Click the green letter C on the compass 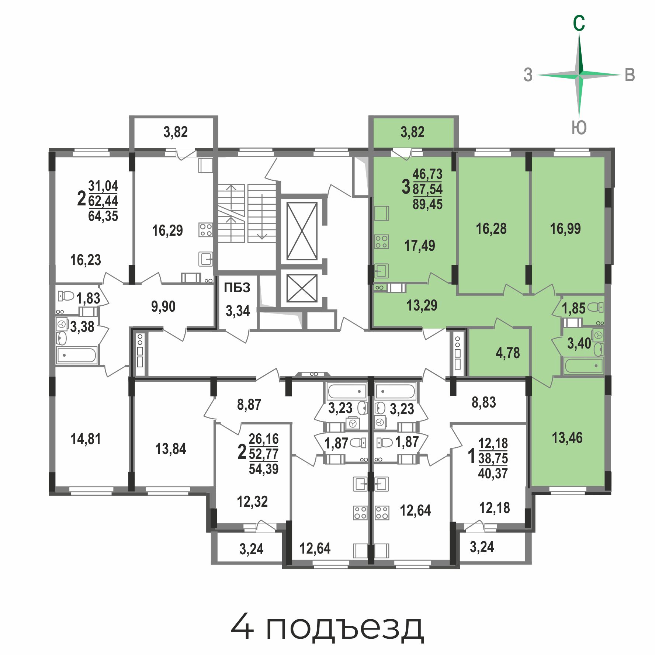click(579, 23)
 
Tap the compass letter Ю click(579, 128)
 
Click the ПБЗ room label click(237, 287)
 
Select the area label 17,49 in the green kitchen click(420, 246)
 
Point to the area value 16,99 click(565, 229)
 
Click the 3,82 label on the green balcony click(413, 132)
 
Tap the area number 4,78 click(508, 353)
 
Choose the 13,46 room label click(567, 438)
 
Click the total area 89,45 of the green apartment click(427, 204)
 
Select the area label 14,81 click(86, 439)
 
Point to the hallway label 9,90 click(163, 306)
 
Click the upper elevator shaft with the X click(302, 231)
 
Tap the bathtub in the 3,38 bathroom click(77, 356)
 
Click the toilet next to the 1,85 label click(595, 307)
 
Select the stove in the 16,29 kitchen click(206, 230)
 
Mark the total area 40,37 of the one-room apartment click(493, 473)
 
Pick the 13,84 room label click(171, 449)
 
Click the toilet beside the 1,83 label click(66, 296)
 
